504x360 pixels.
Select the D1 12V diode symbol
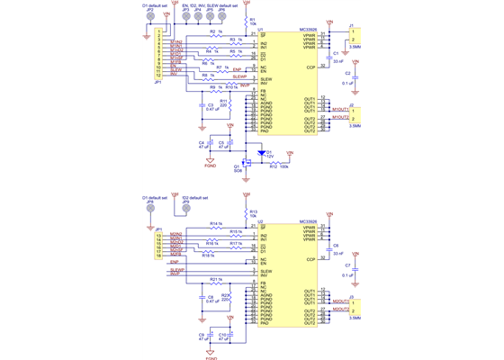tap(262, 154)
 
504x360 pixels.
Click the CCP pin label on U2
tap(310, 259)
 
